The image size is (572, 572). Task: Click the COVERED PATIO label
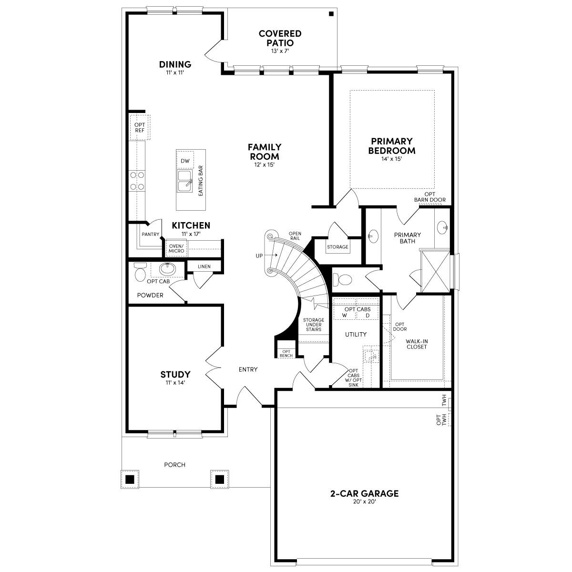point(280,38)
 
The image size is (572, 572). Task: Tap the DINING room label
point(175,64)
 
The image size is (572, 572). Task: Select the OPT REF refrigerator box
point(140,127)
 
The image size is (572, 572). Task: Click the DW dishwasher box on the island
point(185,161)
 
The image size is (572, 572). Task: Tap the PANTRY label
point(150,234)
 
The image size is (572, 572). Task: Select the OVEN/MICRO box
point(176,248)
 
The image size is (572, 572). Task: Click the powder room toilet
point(140,272)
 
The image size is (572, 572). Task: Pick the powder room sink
point(167,269)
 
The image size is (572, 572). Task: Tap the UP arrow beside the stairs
point(269,256)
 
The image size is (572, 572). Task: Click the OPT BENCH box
point(286,353)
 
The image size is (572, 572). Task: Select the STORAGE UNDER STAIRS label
point(314,325)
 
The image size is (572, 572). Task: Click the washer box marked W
point(344,315)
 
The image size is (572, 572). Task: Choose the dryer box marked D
point(367,315)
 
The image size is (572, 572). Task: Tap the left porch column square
point(128,479)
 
